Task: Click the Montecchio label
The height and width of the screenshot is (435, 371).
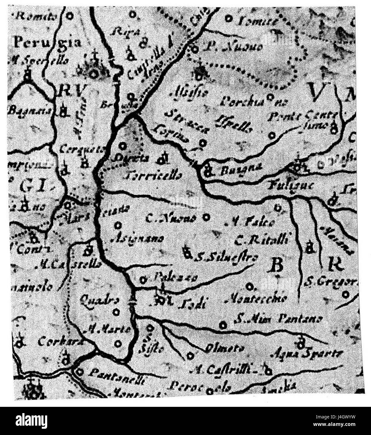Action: [x=256, y=299]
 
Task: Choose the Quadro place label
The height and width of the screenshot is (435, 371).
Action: [x=99, y=300]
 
